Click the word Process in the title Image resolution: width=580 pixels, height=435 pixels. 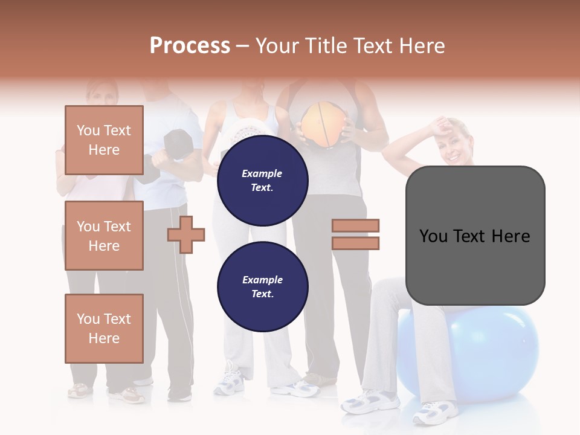[x=190, y=45]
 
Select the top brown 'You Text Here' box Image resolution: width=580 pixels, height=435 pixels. [x=104, y=140]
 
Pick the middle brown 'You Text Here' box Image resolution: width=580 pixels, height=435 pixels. [x=104, y=236]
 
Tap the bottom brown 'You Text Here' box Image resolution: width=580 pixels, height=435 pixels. [x=104, y=328]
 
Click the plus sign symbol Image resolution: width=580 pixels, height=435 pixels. [x=186, y=234]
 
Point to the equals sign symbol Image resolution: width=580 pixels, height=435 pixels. [x=355, y=234]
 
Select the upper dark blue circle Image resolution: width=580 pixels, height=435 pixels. [x=262, y=180]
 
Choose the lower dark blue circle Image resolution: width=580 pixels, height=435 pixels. [x=262, y=287]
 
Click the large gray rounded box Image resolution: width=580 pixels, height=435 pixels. [x=475, y=236]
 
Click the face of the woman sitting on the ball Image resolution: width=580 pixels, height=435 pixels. [x=459, y=145]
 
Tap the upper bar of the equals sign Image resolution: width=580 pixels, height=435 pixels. [x=355, y=226]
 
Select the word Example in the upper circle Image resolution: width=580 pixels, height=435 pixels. [x=262, y=173]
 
